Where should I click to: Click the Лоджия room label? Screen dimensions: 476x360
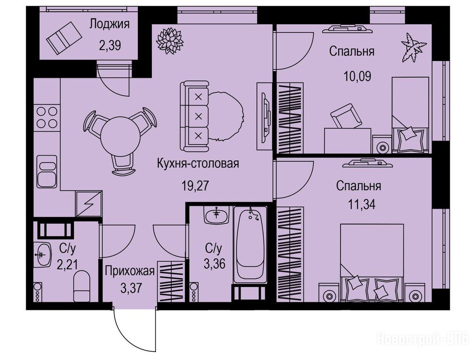coord(109,24)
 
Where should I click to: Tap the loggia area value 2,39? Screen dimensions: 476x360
coord(110,45)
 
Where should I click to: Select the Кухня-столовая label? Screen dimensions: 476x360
coord(198,164)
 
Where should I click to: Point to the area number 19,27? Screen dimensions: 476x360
coord(195,185)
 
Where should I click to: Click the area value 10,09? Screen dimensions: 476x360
coord(357,76)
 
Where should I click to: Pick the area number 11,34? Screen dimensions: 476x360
coord(362,204)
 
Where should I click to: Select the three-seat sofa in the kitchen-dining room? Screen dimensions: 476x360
coord(194,116)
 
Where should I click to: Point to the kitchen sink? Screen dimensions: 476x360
coord(47,172)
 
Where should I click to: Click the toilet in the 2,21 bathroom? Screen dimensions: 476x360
coord(82,286)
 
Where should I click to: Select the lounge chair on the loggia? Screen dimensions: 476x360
coord(64,37)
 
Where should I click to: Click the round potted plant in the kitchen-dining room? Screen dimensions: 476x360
coord(170,41)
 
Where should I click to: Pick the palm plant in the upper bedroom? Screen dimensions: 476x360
coord(414,47)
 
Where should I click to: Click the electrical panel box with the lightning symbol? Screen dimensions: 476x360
coord(89,204)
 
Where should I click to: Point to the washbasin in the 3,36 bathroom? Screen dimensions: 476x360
coord(216,216)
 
